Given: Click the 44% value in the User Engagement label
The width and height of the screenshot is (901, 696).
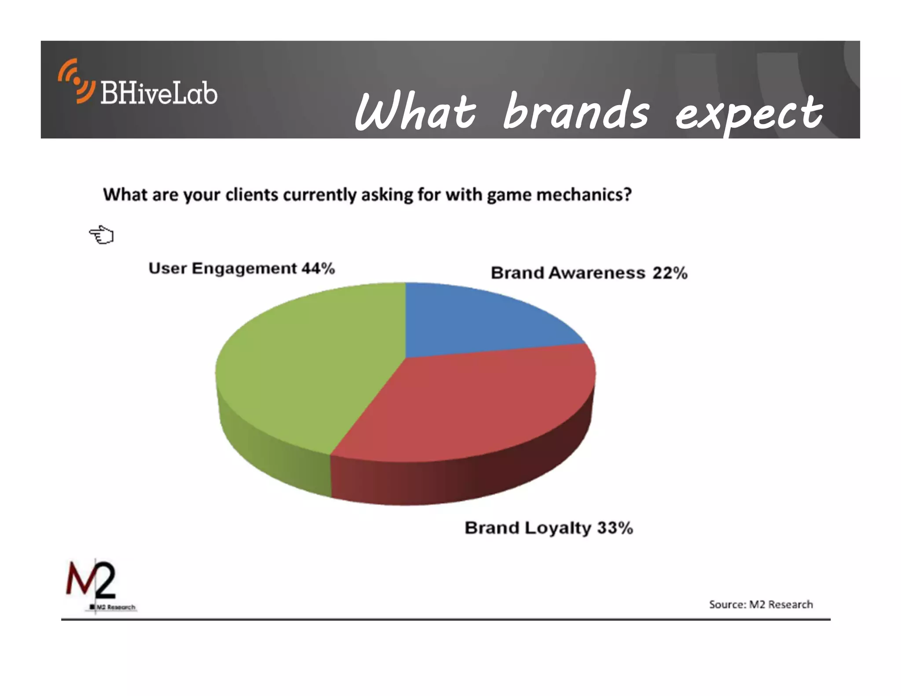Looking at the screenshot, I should pos(318,268).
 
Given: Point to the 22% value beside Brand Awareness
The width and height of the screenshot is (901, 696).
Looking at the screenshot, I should pos(670,273).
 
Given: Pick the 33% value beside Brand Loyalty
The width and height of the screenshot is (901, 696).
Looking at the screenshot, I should pos(615,527).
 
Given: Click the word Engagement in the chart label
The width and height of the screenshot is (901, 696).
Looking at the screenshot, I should pos(244,268).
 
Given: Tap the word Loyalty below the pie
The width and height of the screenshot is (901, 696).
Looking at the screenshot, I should pos(558,528).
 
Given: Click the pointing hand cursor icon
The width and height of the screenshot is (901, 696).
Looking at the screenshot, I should pos(102,234).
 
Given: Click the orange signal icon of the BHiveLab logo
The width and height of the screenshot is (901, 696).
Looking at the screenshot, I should pos(76,81).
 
